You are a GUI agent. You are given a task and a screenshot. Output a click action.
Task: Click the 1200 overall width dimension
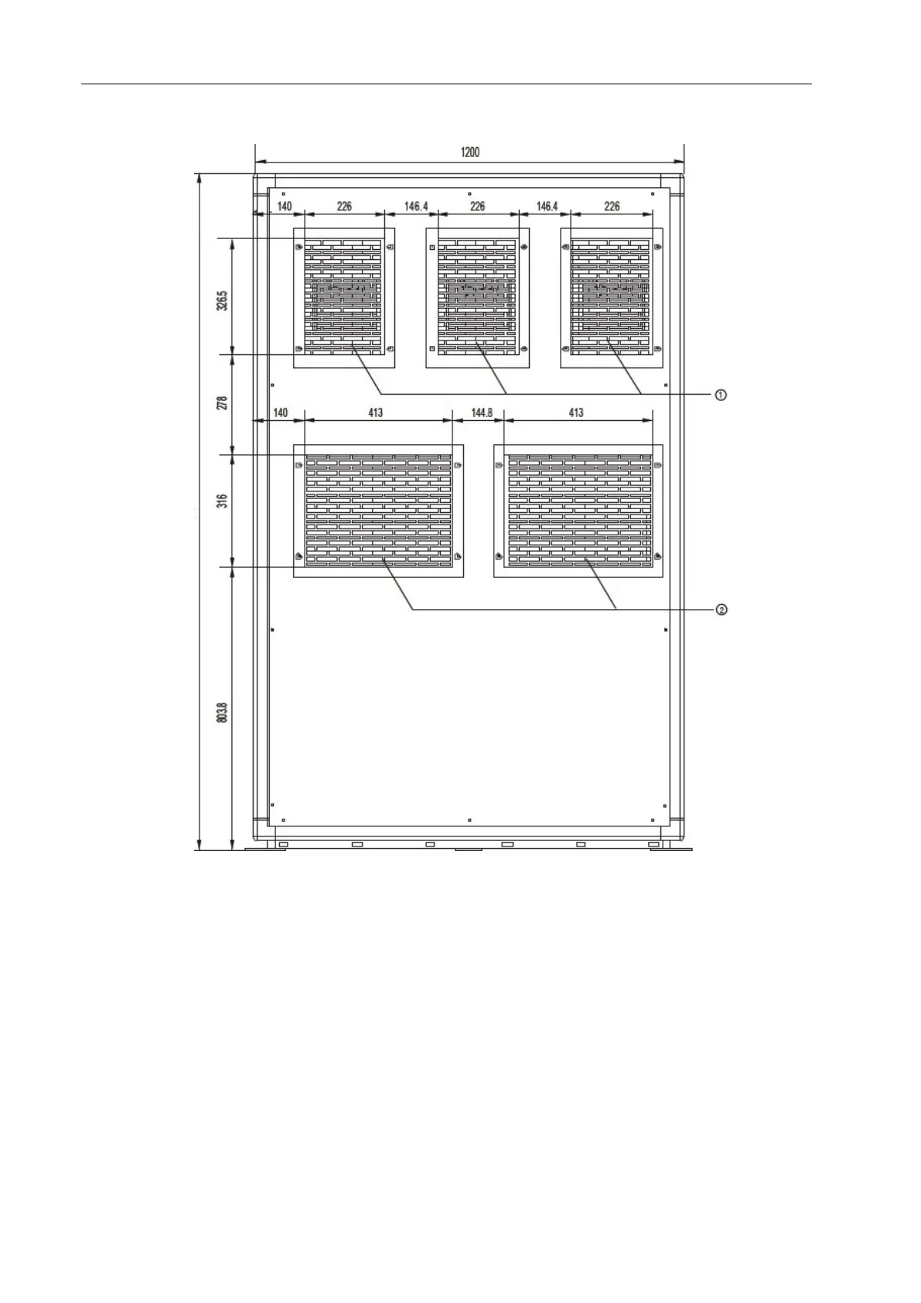tap(469, 152)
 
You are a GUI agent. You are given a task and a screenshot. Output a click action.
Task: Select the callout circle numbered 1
tap(720, 395)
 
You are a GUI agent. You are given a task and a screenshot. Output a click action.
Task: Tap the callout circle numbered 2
tap(720, 610)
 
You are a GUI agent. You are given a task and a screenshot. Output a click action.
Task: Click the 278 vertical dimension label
tap(223, 403)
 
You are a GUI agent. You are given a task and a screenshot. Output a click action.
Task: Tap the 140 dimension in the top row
tap(285, 207)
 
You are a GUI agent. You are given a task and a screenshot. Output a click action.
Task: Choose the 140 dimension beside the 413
tap(280, 413)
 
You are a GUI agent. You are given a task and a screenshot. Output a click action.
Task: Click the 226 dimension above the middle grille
tap(478, 207)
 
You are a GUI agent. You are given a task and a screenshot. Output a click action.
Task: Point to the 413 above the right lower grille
tap(576, 413)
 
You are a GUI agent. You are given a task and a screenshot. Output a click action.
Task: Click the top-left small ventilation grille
tap(344, 297)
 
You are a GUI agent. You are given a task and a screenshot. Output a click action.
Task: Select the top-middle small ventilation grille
tap(477, 297)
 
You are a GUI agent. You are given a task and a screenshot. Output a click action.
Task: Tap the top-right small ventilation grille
tap(612, 297)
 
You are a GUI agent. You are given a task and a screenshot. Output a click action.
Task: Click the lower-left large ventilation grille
tap(378, 511)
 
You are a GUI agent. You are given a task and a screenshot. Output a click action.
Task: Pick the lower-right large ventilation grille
tap(578, 511)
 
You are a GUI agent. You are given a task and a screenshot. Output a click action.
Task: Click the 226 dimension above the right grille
tap(612, 207)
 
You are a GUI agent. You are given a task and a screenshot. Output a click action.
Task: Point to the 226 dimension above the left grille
tap(344, 207)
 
